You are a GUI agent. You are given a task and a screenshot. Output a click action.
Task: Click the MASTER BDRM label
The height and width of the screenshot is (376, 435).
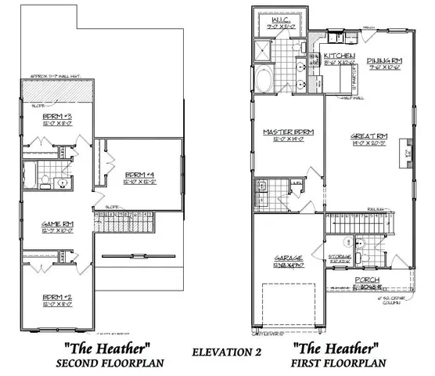[289, 132]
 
